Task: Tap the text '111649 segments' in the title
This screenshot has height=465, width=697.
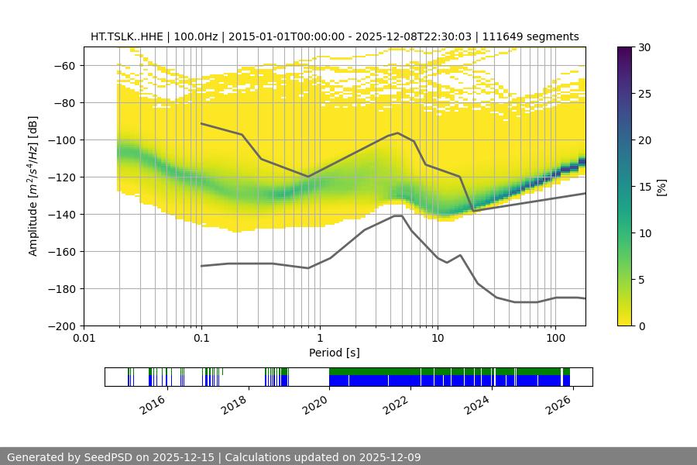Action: pos(539,36)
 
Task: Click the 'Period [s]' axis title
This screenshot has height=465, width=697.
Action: pos(335,353)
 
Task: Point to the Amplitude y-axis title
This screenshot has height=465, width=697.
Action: pos(33,186)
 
